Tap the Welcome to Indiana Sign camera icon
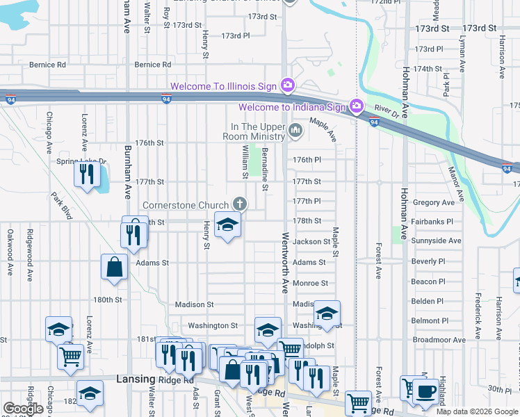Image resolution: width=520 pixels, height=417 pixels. pyautogui.click(x=356, y=106)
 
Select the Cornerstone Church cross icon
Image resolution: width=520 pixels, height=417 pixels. pyautogui.click(x=239, y=204)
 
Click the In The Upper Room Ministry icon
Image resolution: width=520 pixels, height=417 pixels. pyautogui.click(x=296, y=130)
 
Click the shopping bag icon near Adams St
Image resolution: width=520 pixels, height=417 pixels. pyautogui.click(x=114, y=267)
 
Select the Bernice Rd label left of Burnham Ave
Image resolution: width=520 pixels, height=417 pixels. pyautogui.click(x=47, y=65)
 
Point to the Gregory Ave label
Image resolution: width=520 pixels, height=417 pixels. pyautogui.click(x=432, y=202)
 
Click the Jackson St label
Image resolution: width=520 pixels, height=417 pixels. pyautogui.click(x=311, y=242)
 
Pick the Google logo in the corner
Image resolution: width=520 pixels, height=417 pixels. pyautogui.click(x=23, y=409)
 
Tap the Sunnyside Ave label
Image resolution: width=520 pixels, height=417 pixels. pyautogui.click(x=436, y=241)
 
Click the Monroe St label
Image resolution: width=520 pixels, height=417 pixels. pyautogui.click(x=310, y=284)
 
